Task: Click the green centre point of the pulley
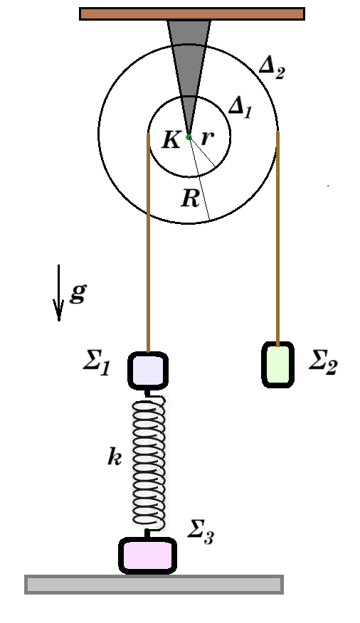click(x=189, y=137)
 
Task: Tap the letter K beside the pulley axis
click(x=171, y=140)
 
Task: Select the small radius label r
click(x=208, y=138)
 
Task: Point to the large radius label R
click(x=190, y=198)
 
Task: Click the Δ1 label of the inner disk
click(x=240, y=107)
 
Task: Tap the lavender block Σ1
click(x=148, y=370)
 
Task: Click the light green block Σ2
click(x=277, y=364)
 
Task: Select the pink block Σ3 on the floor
click(x=147, y=556)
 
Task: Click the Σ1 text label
click(x=97, y=363)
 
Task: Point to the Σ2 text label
click(x=323, y=362)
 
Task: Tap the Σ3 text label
click(x=201, y=532)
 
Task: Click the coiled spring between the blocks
click(x=149, y=463)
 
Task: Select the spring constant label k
click(x=115, y=457)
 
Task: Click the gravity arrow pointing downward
click(x=59, y=292)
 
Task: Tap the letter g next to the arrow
click(x=78, y=294)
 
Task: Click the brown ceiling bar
click(x=192, y=14)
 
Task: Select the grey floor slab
click(x=154, y=585)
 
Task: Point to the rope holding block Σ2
click(x=277, y=238)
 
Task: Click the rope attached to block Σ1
click(x=148, y=243)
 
